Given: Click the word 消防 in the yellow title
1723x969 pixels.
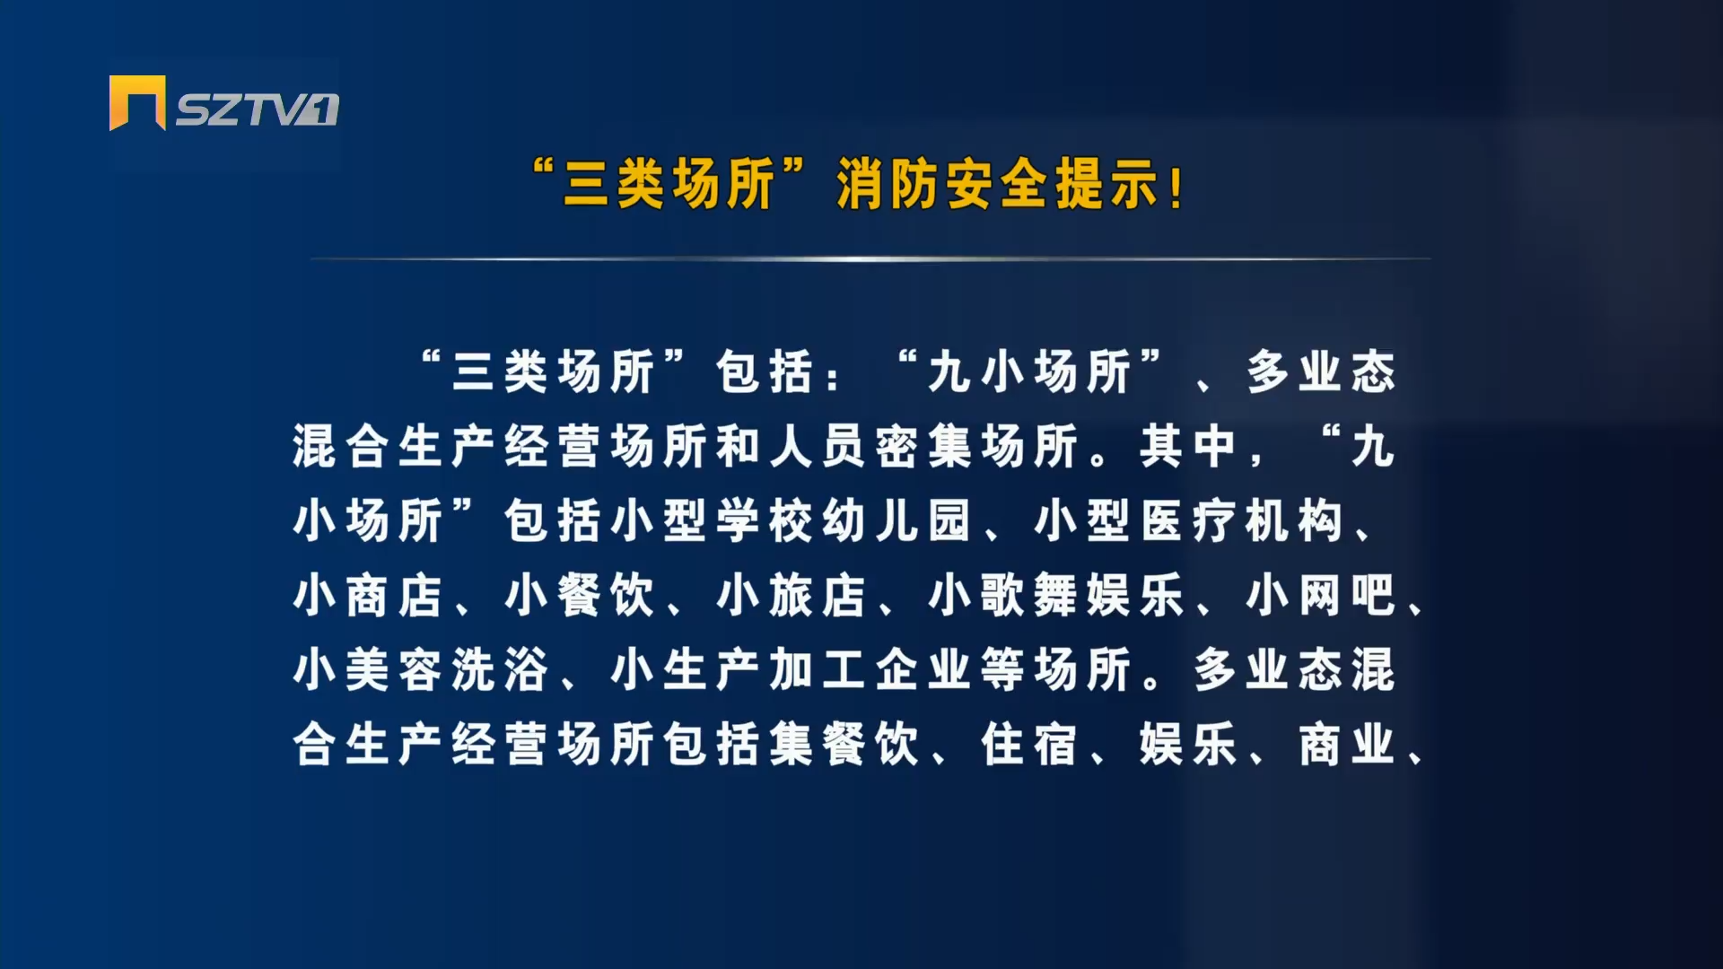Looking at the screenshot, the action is tap(888, 185).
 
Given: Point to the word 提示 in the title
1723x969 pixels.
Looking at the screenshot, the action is tap(1106, 185).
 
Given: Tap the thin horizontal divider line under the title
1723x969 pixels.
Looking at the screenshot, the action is tap(870, 259).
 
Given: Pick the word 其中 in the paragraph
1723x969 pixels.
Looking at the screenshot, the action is tap(1187, 446).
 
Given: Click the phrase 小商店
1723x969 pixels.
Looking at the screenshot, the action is tap(367, 595).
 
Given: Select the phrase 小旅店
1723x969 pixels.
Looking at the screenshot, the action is tap(791, 595).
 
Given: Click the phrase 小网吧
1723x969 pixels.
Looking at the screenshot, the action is tap(1320, 595).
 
